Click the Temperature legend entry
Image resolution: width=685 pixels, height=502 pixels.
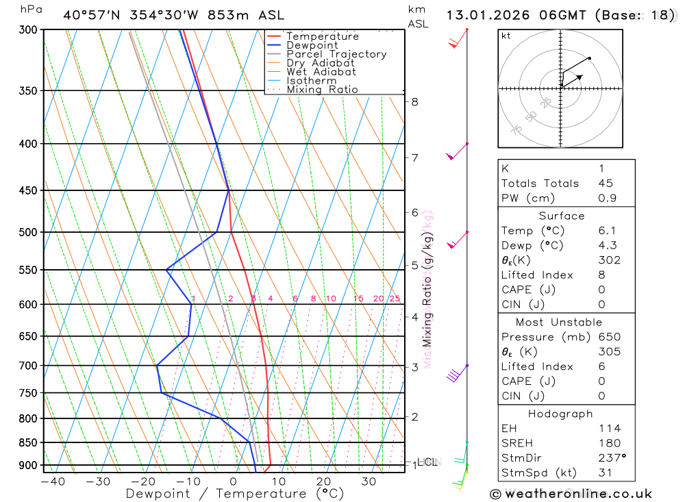[x=322, y=36]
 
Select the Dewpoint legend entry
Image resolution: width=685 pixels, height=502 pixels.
[x=312, y=45]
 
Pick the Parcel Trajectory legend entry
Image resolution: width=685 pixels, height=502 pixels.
[x=336, y=54]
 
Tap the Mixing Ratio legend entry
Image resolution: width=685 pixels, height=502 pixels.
[x=322, y=90]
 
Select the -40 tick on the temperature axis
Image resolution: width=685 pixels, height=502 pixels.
[x=53, y=481]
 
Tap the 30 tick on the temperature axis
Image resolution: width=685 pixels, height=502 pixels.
[x=369, y=481]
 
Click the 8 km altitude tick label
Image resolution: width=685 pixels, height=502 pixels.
[x=414, y=102]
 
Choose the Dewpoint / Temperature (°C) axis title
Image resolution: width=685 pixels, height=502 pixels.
[x=234, y=493]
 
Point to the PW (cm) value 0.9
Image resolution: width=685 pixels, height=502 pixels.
[x=607, y=199]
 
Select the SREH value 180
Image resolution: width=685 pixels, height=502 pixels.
[x=609, y=443]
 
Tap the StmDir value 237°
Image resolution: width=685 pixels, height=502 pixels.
[x=612, y=458]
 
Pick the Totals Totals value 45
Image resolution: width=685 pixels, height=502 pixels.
[x=605, y=184]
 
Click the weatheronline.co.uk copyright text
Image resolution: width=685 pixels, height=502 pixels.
[x=571, y=494]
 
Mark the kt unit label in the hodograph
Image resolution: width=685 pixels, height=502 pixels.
[x=506, y=36]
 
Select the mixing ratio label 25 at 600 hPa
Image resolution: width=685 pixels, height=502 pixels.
[x=395, y=299]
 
